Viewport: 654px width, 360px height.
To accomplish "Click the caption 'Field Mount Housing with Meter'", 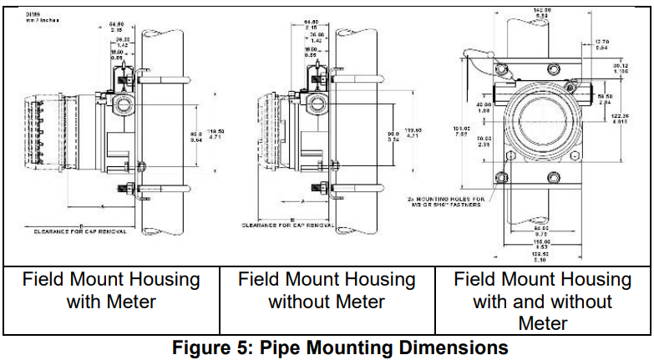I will pyautogui.click(x=111, y=290).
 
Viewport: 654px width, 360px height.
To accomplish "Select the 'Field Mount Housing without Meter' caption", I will pyautogui.click(x=327, y=290).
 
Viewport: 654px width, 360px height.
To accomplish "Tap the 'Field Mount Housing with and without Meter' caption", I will pyautogui.click(x=542, y=301).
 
